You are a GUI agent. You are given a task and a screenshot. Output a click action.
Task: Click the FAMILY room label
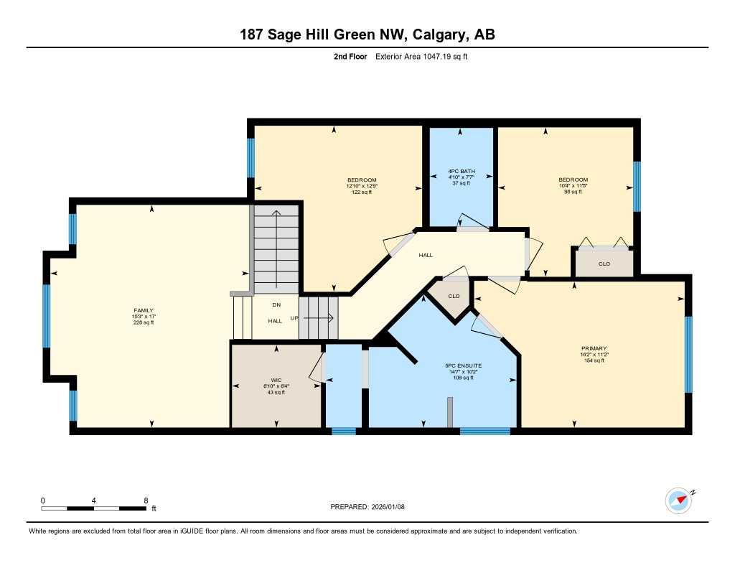pyautogui.click(x=144, y=310)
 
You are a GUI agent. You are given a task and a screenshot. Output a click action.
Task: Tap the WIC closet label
pyautogui.click(x=276, y=379)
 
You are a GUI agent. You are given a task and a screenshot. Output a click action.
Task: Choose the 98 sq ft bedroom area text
pyautogui.click(x=574, y=192)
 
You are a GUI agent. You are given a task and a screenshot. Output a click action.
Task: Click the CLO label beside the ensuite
pyautogui.click(x=454, y=296)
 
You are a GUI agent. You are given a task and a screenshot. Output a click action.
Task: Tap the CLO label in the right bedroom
pyautogui.click(x=604, y=264)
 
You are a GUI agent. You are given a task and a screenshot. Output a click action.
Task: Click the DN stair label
pyautogui.click(x=276, y=304)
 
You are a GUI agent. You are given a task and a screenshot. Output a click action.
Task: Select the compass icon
pyautogui.click(x=678, y=499)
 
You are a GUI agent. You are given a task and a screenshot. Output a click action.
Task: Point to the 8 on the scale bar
pyautogui.click(x=146, y=501)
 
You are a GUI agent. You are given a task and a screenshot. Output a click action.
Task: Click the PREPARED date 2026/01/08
pyautogui.click(x=394, y=506)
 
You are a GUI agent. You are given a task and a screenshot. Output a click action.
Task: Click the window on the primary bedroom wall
pyautogui.click(x=688, y=354)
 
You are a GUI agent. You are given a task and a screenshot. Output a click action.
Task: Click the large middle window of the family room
pyautogui.click(x=47, y=316)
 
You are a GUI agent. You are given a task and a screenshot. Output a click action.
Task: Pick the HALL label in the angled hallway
pyautogui.click(x=426, y=255)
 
